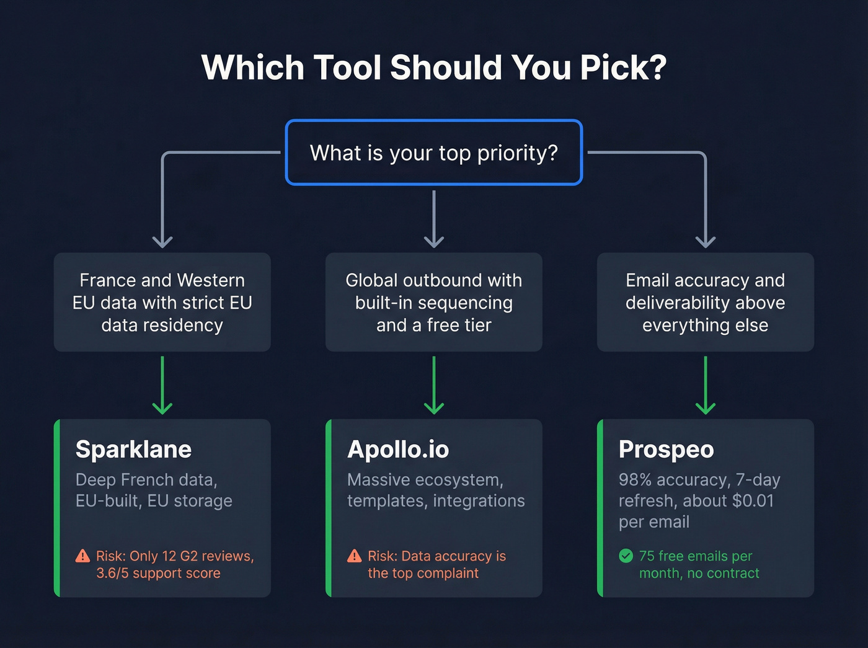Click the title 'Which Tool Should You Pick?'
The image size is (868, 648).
point(433,67)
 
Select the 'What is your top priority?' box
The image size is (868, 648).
point(433,153)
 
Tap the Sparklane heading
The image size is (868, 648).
point(133,450)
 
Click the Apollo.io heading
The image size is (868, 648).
point(398,450)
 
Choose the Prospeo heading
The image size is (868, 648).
point(666,450)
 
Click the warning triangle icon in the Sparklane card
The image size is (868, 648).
point(82,556)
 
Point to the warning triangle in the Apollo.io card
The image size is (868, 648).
point(354,556)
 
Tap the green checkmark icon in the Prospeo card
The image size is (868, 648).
point(626,556)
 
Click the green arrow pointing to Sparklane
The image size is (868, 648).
point(162,385)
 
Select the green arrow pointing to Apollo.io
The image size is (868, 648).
point(434,385)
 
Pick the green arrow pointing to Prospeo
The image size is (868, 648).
point(706,385)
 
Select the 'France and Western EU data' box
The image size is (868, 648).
point(162,303)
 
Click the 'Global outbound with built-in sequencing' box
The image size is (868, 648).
point(434,303)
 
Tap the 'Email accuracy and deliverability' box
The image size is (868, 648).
point(706,303)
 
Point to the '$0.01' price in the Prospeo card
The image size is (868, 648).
point(753,501)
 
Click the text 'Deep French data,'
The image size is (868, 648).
point(146,480)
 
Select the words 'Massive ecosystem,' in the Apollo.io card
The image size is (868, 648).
point(425,480)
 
